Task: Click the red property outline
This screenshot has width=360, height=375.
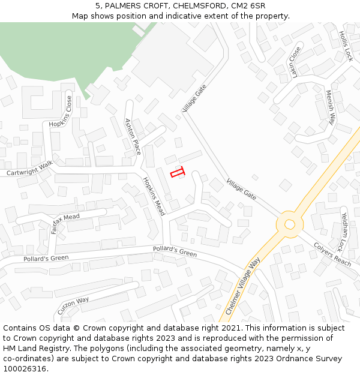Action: pos(177,173)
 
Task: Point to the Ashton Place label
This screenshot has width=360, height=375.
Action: pos(132,136)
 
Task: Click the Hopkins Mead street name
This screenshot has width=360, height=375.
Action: pos(153,196)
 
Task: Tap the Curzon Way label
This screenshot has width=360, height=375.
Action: pos(73,306)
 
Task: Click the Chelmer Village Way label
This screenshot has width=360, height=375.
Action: pos(243,286)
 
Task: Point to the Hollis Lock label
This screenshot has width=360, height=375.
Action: pos(346,46)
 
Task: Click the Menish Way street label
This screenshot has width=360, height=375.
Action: pos(330,107)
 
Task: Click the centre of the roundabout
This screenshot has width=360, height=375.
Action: pos(290,224)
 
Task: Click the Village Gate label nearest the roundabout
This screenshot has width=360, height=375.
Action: pos(241,189)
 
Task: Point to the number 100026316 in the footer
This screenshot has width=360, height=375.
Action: pos(25,368)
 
